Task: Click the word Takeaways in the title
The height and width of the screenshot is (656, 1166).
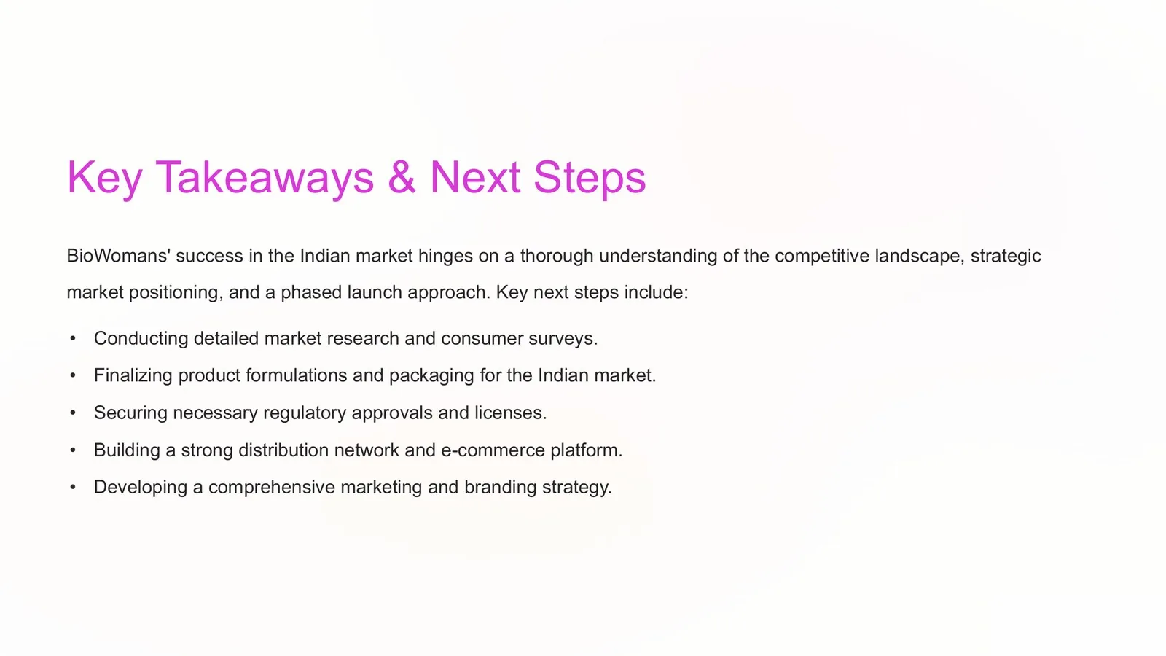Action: point(265,178)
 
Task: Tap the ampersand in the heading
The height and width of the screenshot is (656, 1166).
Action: point(402,177)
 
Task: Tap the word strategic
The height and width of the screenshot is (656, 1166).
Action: point(1006,256)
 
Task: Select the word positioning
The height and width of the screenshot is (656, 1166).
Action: point(176,292)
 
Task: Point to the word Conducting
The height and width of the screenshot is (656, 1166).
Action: point(141,339)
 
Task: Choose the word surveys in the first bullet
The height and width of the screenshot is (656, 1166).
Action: point(560,339)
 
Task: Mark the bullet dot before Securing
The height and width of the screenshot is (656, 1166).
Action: point(73,413)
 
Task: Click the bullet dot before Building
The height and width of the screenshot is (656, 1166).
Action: point(73,450)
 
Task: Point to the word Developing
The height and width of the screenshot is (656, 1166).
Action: point(141,488)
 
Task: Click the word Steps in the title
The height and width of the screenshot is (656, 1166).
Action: point(590,178)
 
